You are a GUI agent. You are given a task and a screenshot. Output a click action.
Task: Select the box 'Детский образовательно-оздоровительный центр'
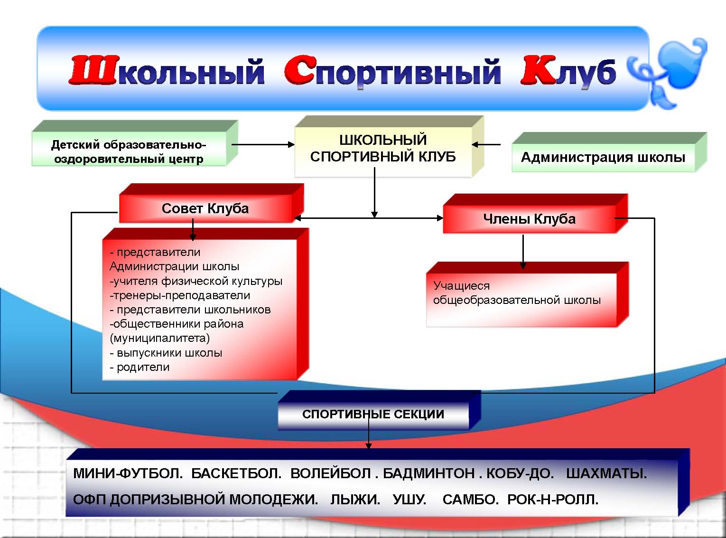coord(129,151)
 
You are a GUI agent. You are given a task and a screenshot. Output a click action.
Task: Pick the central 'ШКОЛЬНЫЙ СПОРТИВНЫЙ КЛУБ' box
coord(383,148)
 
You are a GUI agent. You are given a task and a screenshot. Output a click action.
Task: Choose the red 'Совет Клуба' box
coord(205,208)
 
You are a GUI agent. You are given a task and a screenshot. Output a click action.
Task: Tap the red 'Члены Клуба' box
coord(529,219)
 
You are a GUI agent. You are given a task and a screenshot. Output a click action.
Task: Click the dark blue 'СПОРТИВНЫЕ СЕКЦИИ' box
coord(373,414)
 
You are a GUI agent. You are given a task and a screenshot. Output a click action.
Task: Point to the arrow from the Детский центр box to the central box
coord(263,144)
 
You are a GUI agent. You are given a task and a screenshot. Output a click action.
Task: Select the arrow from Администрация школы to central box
coord(486,144)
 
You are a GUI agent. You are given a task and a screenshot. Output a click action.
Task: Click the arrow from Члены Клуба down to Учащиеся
coord(523,252)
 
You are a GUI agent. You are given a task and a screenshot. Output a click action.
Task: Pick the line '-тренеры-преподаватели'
coord(180,295)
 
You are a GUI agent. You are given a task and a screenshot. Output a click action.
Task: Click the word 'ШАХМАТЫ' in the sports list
coord(606,473)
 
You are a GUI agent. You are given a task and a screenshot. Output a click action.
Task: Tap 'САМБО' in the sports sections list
coord(470,500)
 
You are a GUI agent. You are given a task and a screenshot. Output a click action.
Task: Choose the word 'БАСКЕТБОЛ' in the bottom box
coord(236,473)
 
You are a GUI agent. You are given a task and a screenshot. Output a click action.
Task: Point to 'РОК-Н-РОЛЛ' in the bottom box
coord(552,500)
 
